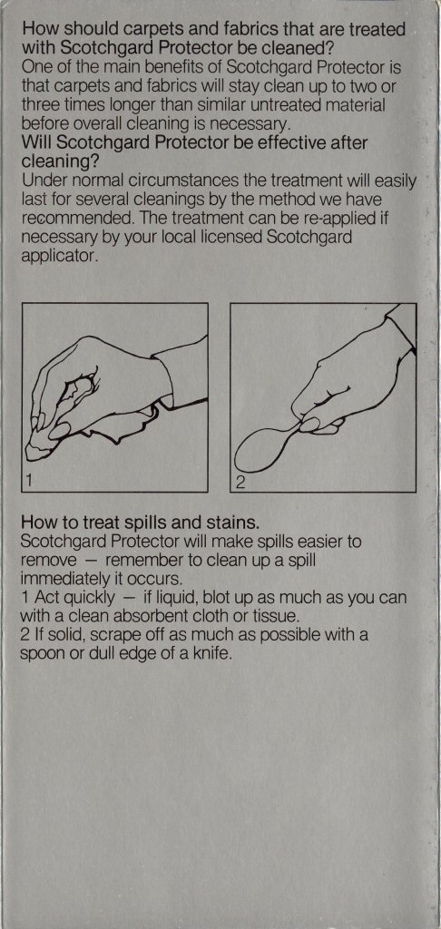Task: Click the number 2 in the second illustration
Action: (240, 481)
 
